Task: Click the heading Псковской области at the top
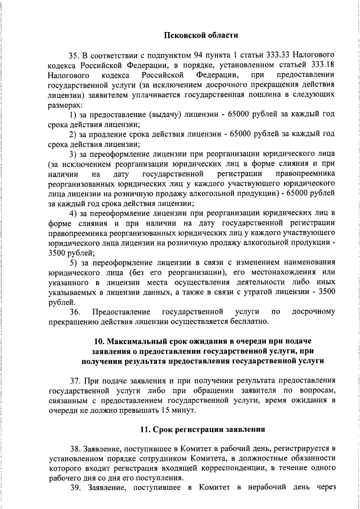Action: tap(201, 35)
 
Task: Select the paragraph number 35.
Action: tap(75, 55)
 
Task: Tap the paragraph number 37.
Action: tap(75, 380)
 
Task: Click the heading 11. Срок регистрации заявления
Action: tap(202, 430)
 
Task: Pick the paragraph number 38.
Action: tap(75, 449)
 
